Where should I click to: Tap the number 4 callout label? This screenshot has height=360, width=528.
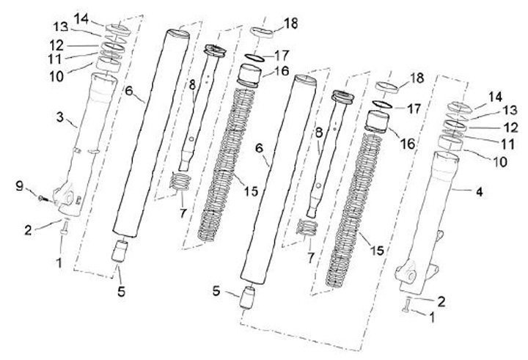479,192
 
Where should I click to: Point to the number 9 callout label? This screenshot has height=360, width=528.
20,186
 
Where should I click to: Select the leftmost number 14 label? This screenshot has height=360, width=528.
81,16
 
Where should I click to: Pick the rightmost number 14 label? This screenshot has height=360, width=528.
496,96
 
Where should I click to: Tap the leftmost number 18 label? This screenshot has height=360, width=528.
291,23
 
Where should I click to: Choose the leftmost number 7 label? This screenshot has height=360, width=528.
183,212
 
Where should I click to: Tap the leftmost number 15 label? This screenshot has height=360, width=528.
252,191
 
